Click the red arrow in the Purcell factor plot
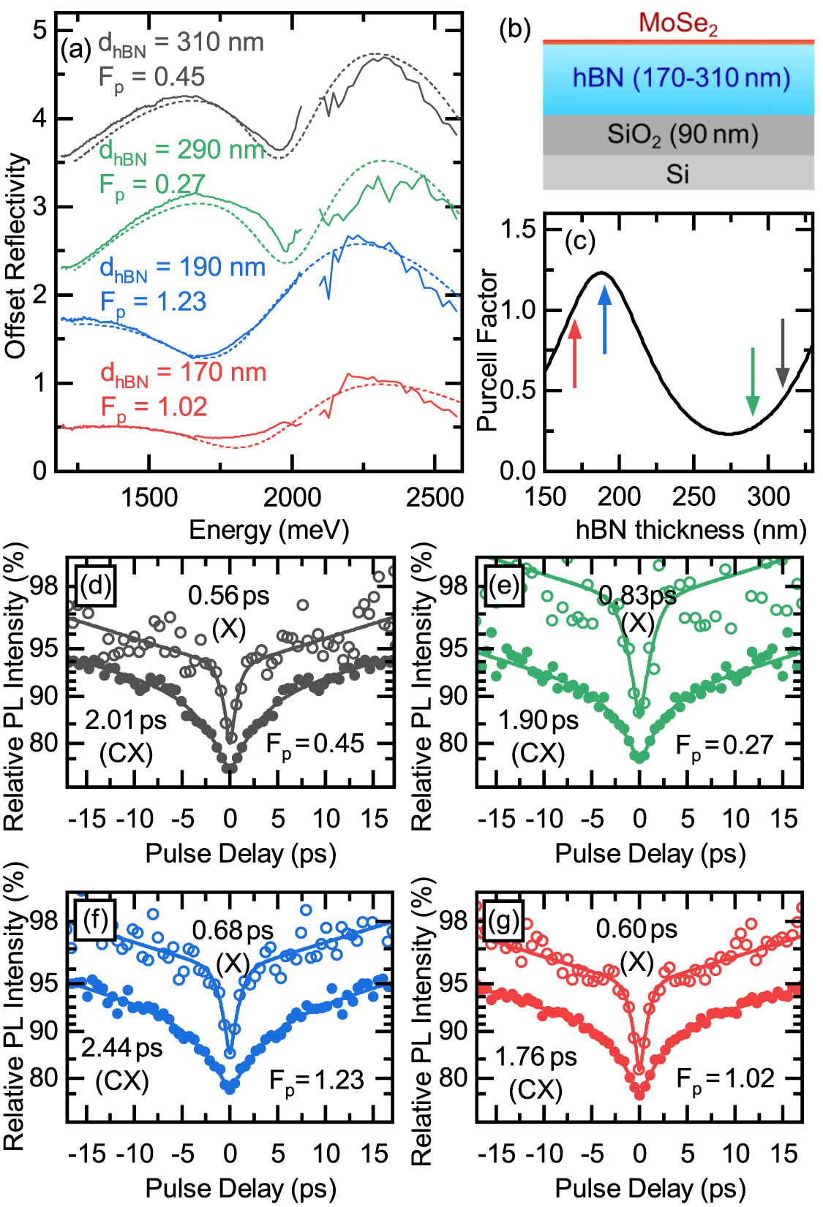[575, 354]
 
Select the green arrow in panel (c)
[753, 381]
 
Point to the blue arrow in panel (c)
[604, 319]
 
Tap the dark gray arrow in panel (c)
[783, 352]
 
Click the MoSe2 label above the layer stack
[677, 23]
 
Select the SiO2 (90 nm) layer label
[682, 135]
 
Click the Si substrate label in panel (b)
[677, 174]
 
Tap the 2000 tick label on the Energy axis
[291, 498]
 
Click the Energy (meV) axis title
[268, 529]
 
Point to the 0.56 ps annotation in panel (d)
[228, 596]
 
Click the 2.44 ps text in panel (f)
[121, 1048]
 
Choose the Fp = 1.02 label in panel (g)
[725, 1079]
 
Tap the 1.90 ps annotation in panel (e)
[538, 720]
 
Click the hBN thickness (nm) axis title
[691, 529]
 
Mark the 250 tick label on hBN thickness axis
[693, 498]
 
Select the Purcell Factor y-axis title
[488, 350]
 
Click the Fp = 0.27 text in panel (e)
[724, 746]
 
